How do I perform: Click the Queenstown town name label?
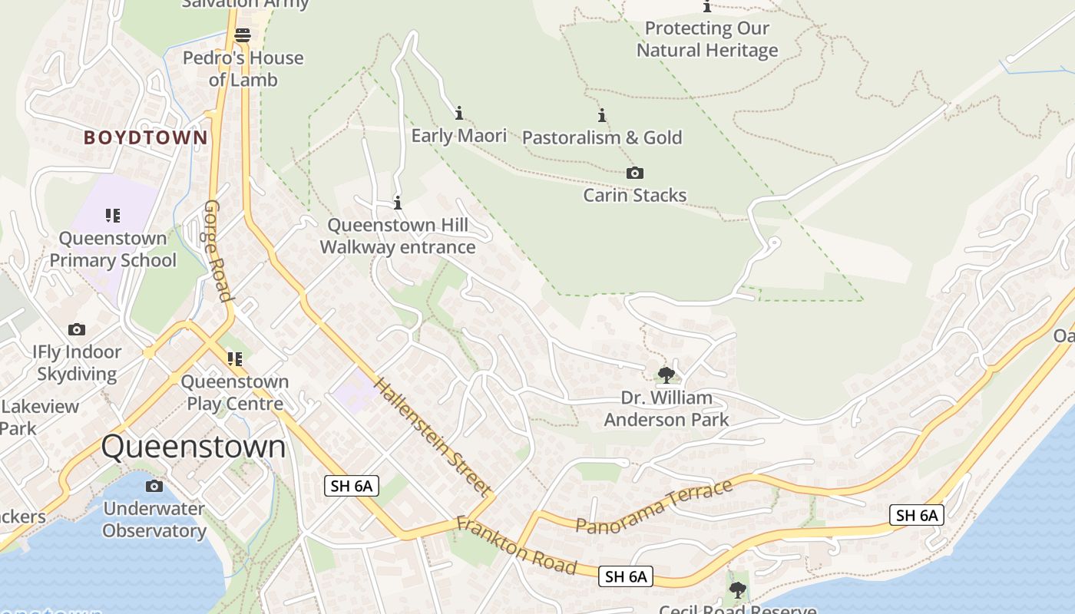(193, 447)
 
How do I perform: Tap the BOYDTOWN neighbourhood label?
(145, 138)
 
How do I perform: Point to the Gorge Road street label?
(218, 251)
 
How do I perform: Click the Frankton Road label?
(515, 546)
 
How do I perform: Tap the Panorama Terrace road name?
(654, 507)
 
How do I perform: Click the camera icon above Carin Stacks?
(634, 173)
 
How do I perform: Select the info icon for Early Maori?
(459, 114)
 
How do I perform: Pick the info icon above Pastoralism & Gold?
(602, 116)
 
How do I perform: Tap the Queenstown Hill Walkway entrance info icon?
(398, 203)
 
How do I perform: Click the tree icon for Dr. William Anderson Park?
(666, 375)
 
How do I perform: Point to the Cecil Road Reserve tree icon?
(737, 590)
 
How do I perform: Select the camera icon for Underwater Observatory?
(154, 486)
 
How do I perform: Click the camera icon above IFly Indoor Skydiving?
(77, 329)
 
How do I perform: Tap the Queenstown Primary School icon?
(113, 216)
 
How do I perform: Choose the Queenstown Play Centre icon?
(235, 358)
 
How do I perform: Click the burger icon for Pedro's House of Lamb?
(243, 35)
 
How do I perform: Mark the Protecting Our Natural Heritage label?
(707, 40)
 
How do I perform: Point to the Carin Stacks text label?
(634, 195)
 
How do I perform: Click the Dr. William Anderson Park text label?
(666, 409)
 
